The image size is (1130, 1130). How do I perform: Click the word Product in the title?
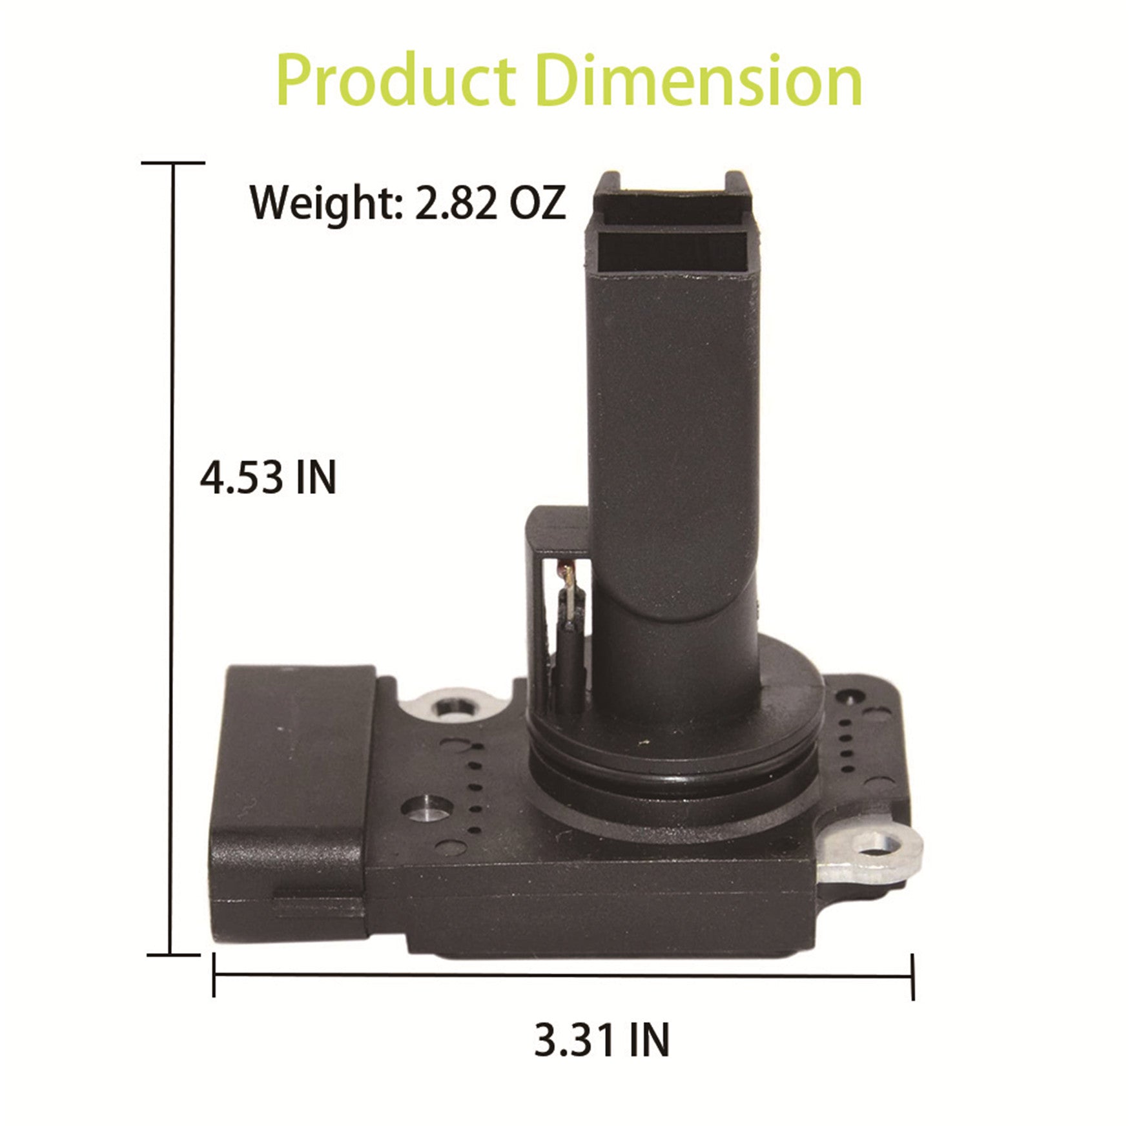(396, 81)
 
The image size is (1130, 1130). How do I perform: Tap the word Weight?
(327, 203)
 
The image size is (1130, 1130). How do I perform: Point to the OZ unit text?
(537, 203)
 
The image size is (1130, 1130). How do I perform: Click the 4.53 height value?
(241, 478)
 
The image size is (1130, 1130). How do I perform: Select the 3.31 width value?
(575, 1040)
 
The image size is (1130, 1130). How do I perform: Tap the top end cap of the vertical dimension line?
(173, 163)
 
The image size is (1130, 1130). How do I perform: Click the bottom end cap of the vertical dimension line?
(173, 954)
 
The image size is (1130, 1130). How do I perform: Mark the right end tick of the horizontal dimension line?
(912, 976)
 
